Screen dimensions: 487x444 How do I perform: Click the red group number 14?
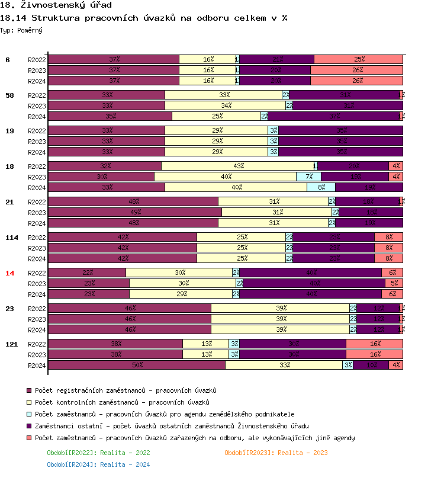[x=9, y=273]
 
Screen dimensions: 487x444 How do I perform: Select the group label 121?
[x=11, y=344]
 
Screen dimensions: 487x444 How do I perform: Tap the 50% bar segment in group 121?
[x=137, y=365]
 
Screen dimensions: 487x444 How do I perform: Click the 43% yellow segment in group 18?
[x=238, y=166]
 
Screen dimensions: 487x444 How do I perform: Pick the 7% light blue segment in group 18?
[x=308, y=177]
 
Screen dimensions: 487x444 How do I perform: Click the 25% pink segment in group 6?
[x=358, y=59]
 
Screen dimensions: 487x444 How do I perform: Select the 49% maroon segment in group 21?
[x=135, y=212]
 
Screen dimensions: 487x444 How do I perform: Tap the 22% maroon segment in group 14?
[x=87, y=273]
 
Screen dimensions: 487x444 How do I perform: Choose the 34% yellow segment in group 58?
[x=226, y=105]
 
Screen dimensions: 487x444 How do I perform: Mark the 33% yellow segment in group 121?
[x=284, y=365]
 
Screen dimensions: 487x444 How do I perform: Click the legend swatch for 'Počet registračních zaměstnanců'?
[x=29, y=391]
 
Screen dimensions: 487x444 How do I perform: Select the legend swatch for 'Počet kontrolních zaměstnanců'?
[x=29, y=403]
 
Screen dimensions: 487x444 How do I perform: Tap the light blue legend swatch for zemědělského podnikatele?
[x=29, y=415]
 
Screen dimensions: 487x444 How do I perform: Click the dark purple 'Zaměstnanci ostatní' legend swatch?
[x=29, y=427]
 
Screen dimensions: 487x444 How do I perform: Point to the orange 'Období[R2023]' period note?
[x=276, y=453]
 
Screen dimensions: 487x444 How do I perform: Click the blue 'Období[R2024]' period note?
[x=98, y=464]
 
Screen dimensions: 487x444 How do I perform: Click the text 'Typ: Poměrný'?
[x=21, y=30]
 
